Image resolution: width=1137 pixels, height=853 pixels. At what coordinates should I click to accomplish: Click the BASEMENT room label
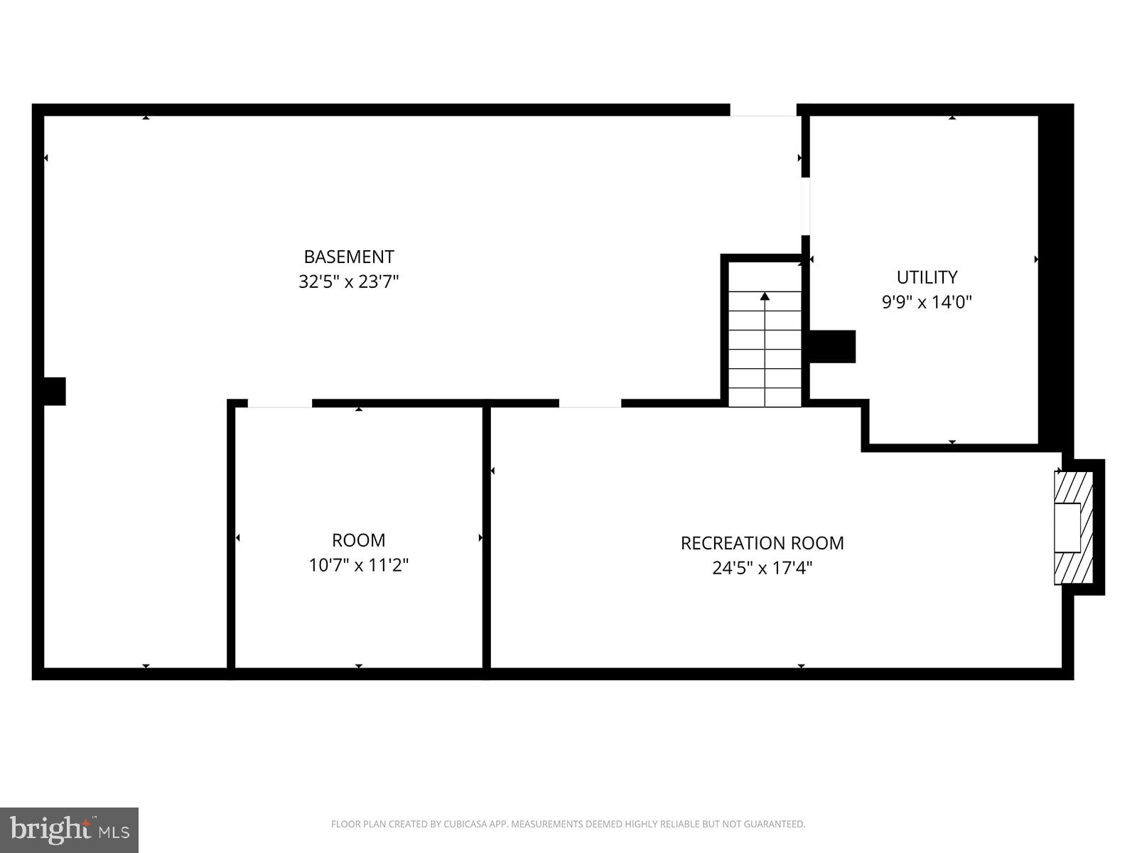coord(348,257)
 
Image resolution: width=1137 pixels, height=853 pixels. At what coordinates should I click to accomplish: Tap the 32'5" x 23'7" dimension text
coord(348,281)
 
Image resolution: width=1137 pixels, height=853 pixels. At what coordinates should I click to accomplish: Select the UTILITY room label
coord(927,277)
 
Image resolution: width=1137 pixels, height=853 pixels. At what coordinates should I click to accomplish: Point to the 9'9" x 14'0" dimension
coord(927,302)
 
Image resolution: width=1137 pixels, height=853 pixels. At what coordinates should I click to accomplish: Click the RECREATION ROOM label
coord(762,543)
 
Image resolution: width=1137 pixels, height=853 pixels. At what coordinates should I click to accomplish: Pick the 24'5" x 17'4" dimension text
coord(762,568)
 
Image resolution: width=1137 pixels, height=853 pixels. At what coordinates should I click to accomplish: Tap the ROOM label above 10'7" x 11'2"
coord(358,540)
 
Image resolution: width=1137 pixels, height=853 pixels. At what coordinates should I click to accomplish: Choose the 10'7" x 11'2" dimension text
coord(358,565)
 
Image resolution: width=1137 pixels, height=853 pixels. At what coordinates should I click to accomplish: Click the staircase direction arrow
coord(765,297)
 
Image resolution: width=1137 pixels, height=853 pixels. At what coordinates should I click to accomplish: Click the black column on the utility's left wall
coord(832,346)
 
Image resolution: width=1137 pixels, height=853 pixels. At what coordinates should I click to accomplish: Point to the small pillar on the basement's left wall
coord(55,391)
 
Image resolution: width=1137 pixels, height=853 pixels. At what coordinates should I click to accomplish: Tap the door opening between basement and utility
coord(805,205)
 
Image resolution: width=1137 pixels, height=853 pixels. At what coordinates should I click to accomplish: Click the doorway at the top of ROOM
coord(279,404)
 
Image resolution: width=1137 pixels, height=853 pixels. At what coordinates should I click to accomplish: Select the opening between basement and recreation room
coord(590,404)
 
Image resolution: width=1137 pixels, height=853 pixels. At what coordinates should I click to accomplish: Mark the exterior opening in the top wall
coord(763,110)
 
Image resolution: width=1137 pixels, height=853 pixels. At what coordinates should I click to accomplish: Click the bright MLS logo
coord(69,830)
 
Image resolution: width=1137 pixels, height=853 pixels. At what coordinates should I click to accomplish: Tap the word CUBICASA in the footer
coord(464,825)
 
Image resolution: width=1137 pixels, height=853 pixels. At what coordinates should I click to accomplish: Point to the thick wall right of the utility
coord(1055,277)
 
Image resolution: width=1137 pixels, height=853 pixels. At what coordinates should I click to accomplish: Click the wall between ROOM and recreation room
coord(487,538)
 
